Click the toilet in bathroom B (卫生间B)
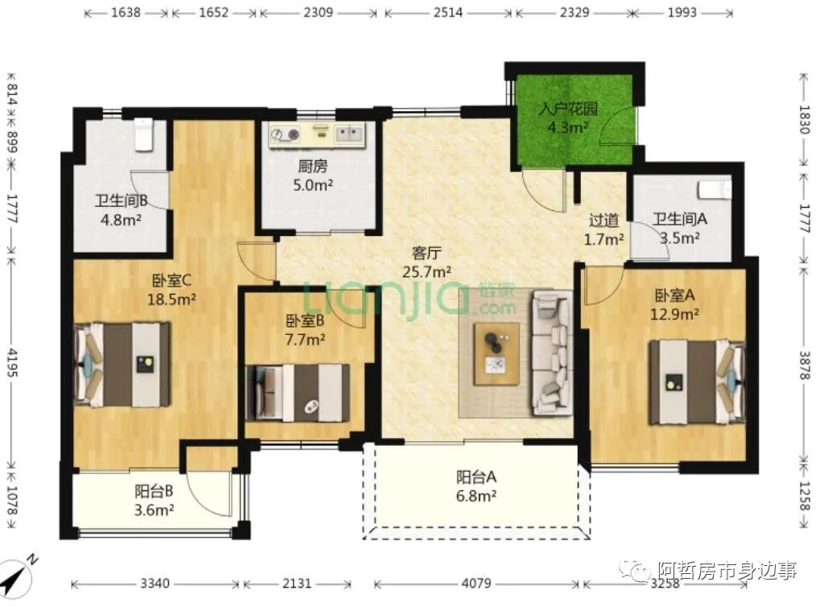coord(143,134)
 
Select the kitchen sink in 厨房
coord(349,134)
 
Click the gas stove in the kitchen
coord(285,134)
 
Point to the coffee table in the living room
coord(496,354)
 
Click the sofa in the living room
coord(552,353)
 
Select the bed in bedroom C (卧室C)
coord(123,364)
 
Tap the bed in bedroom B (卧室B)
coord(298,393)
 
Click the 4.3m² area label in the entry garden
coord(567,127)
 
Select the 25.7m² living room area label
coord(426,272)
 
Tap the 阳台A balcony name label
coord(476,477)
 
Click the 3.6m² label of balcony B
coord(154,510)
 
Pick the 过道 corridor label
coord(604,221)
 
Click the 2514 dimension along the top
coord(448,12)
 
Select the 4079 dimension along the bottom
coord(476,583)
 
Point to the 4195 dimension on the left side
coord(12,362)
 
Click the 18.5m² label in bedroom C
coord(172,299)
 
